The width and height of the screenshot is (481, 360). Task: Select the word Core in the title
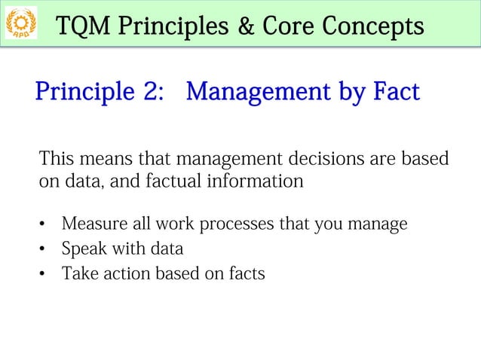click(287, 27)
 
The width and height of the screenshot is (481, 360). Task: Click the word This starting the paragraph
click(58, 160)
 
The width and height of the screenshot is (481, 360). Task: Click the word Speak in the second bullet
click(82, 249)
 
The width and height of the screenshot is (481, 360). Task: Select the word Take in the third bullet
click(77, 273)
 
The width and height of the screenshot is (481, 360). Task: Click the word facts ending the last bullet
click(247, 273)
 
